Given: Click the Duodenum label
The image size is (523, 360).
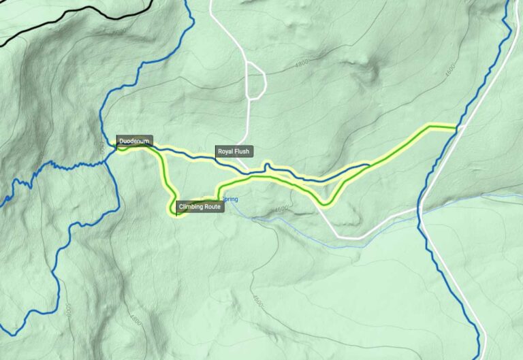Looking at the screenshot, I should point(133,142).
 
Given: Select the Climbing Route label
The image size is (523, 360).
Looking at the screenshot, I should point(200,207).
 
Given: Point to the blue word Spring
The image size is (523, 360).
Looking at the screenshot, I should point(231,199).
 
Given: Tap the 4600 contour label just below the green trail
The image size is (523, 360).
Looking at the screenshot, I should point(283,209).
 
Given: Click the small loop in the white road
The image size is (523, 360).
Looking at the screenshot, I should point(255,80).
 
